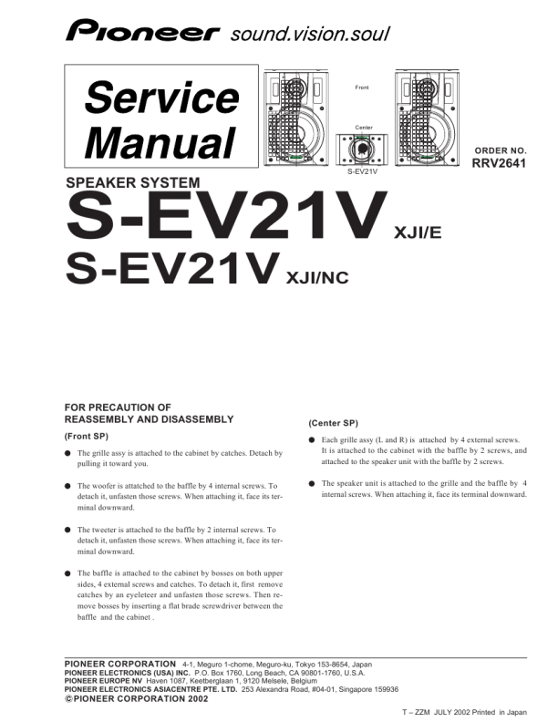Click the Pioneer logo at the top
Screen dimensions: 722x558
tap(143, 33)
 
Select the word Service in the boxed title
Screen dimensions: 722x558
tap(161, 98)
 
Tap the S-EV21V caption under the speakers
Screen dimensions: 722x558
tap(362, 170)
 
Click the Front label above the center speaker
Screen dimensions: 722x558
tap(361, 87)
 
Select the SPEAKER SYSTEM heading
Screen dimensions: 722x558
tap(133, 182)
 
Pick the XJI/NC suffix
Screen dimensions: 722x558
tap(317, 278)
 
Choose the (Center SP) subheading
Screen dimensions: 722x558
tap(333, 423)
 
